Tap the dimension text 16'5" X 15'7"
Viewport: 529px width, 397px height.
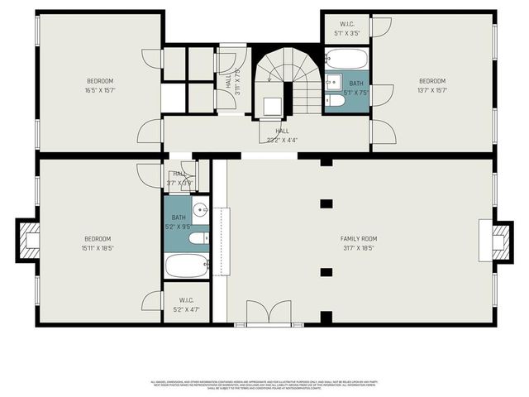(x=100, y=90)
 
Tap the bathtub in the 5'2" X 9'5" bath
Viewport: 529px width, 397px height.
(x=187, y=265)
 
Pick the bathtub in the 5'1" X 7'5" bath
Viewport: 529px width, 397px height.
(x=346, y=59)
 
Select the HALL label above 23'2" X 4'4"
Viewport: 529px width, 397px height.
(x=282, y=131)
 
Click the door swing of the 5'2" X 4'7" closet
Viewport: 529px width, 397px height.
(x=152, y=300)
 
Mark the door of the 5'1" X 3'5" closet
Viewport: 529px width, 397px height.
(x=380, y=26)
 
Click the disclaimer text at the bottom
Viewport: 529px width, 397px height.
(x=264, y=385)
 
